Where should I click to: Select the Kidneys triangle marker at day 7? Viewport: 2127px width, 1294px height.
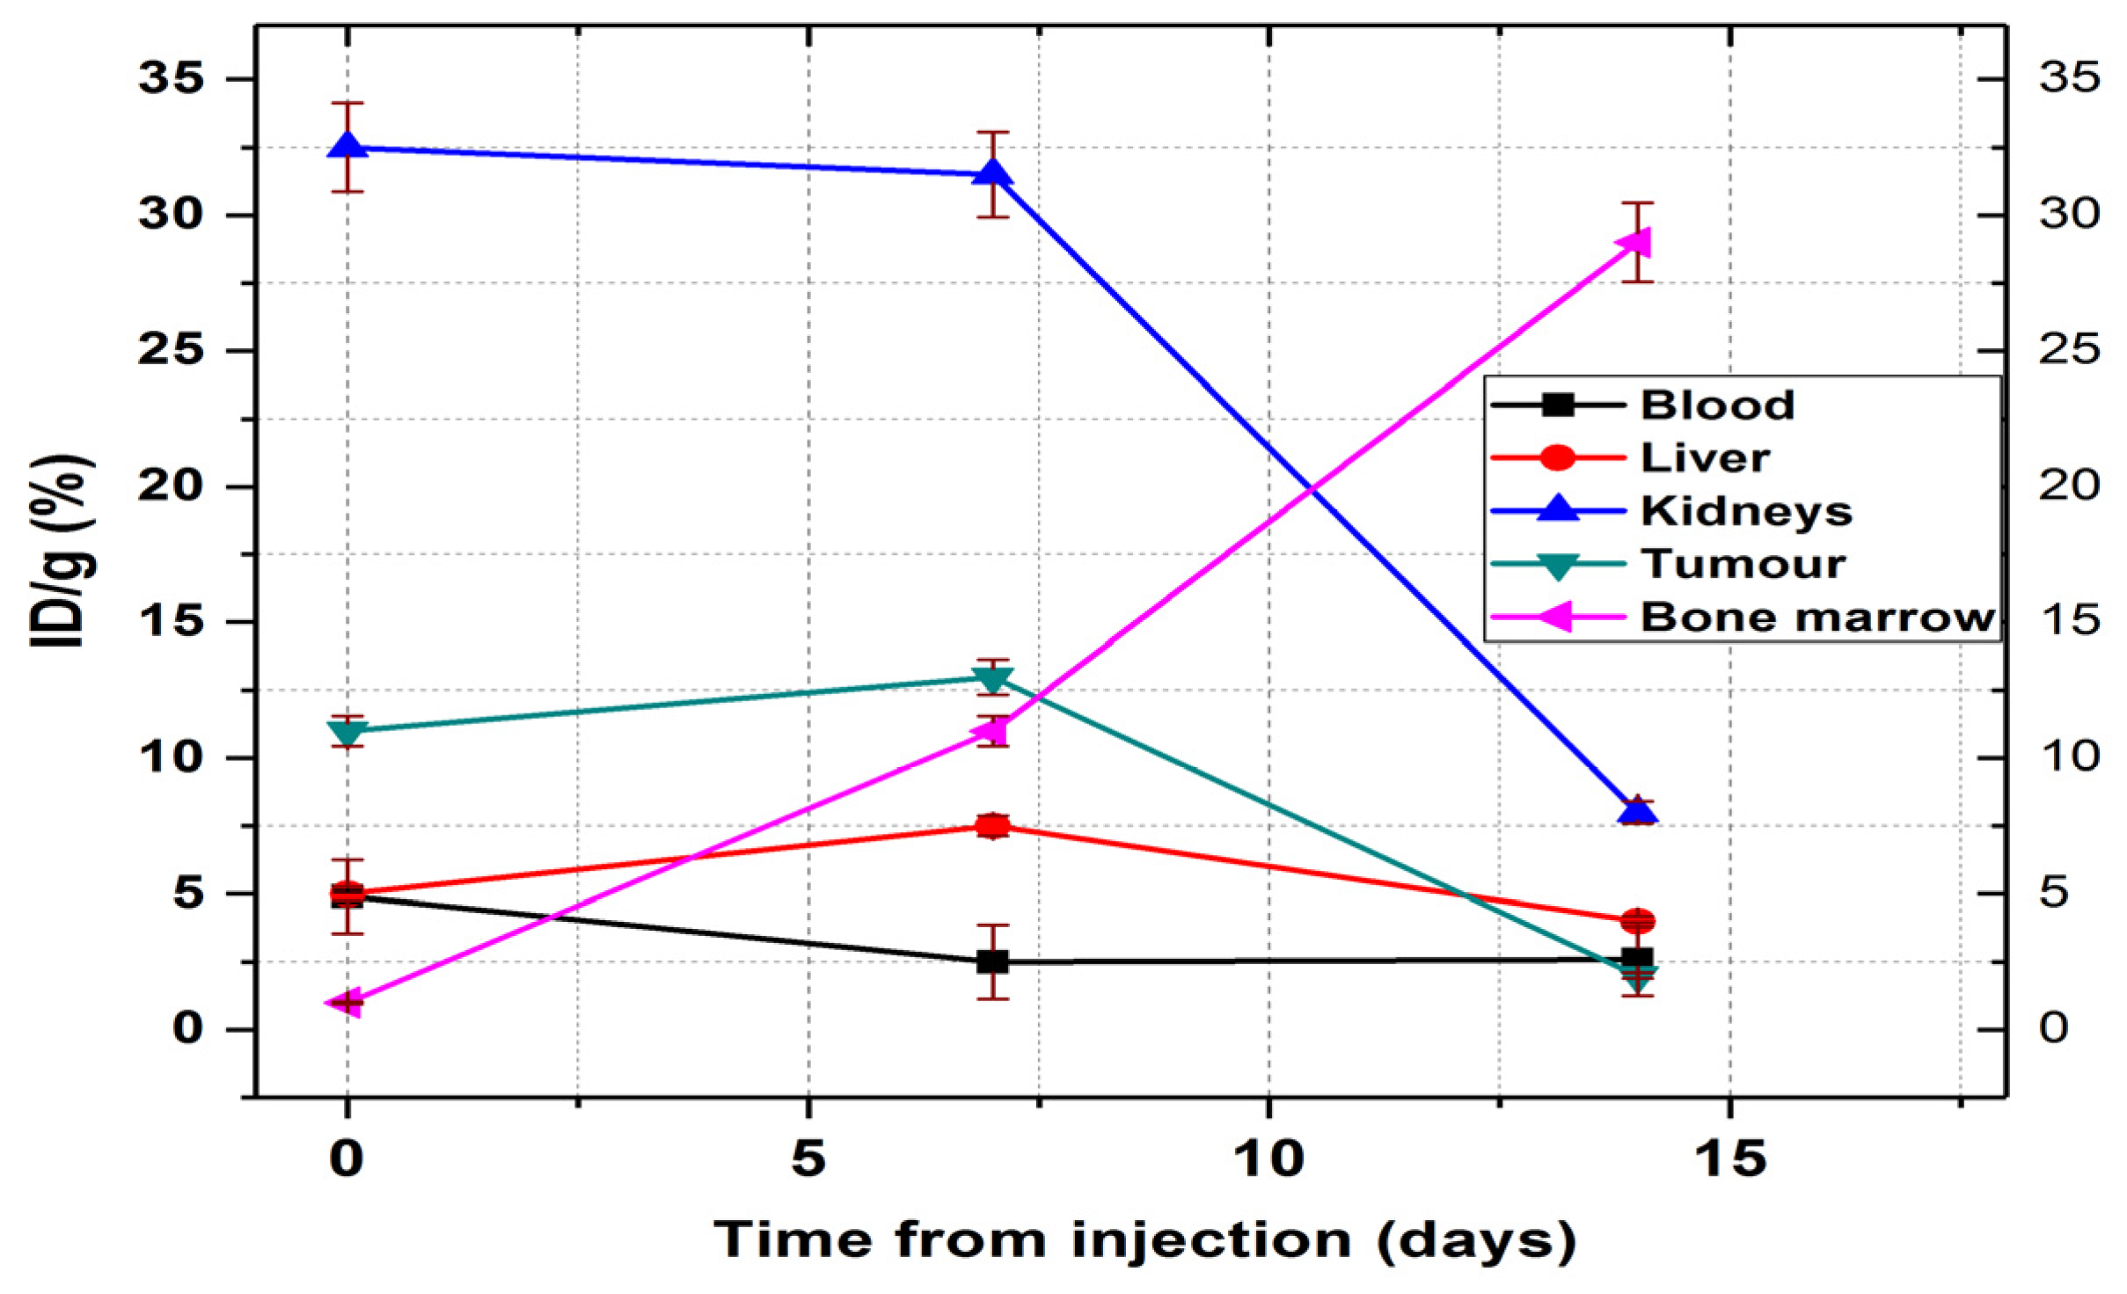click(993, 172)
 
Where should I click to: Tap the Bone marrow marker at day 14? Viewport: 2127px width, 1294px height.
click(1636, 242)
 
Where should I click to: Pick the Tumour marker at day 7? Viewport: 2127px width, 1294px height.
click(993, 679)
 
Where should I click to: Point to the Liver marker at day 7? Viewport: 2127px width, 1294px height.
click(993, 826)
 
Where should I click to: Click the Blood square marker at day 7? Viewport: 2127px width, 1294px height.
click(993, 961)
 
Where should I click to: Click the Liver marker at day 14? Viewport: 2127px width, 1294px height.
click(1638, 921)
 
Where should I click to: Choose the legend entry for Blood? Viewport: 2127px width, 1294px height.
click(1716, 406)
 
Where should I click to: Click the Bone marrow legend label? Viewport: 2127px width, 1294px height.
click(1816, 618)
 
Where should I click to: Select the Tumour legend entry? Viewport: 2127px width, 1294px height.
click(1743, 564)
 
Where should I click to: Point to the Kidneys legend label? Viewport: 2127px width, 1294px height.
click(1746, 511)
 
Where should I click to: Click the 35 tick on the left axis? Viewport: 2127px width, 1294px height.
click(171, 78)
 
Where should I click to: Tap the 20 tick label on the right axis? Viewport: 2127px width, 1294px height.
click(2069, 486)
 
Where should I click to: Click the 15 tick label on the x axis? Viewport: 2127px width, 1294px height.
click(1729, 1159)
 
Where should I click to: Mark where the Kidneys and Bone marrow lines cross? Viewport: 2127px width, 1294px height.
click(1312, 486)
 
